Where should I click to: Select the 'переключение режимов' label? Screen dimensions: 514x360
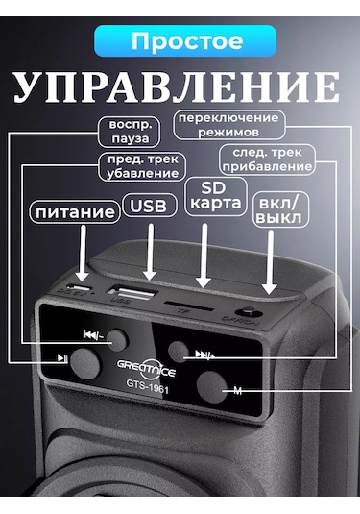228,124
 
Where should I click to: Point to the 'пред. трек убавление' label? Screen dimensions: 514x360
140,166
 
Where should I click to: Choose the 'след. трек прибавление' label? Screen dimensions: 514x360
268,159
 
